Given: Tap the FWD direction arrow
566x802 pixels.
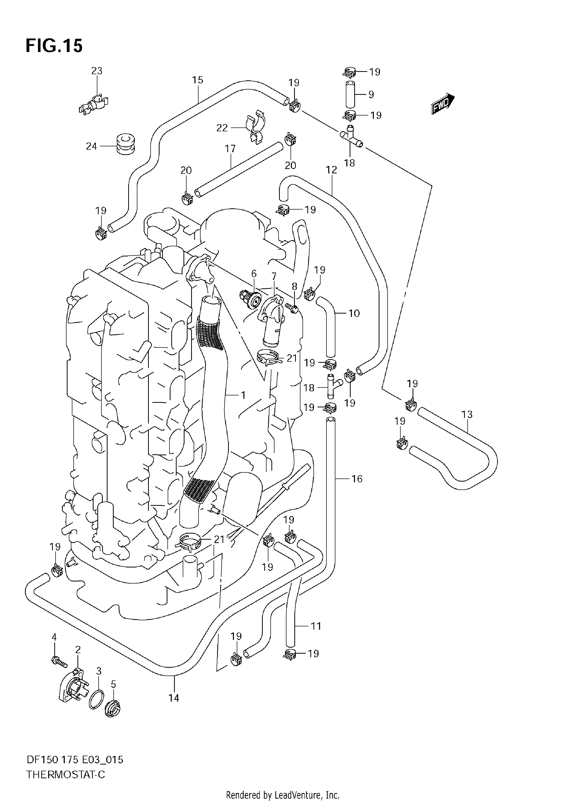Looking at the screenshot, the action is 443,104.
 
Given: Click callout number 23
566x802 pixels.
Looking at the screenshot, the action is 97,71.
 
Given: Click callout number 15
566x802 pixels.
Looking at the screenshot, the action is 198,80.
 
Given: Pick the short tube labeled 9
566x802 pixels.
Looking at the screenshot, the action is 350,94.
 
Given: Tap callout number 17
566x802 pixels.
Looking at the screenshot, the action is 230,149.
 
